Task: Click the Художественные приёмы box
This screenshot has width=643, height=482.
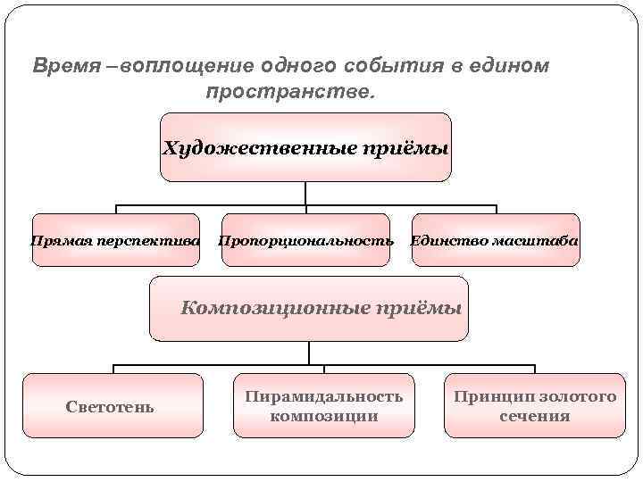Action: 305,147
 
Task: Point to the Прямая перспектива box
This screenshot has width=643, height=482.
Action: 116,240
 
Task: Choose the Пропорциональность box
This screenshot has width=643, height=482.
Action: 305,240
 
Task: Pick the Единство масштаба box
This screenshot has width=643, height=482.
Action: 495,240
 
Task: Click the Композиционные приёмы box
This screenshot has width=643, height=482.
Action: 309,309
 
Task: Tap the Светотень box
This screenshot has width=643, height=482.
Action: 113,406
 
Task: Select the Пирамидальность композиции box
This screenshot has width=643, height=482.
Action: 323,406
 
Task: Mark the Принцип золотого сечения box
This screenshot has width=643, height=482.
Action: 535,406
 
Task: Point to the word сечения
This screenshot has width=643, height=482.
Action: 535,417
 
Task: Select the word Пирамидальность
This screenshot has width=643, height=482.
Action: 323,396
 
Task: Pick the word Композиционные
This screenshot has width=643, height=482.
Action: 263,309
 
